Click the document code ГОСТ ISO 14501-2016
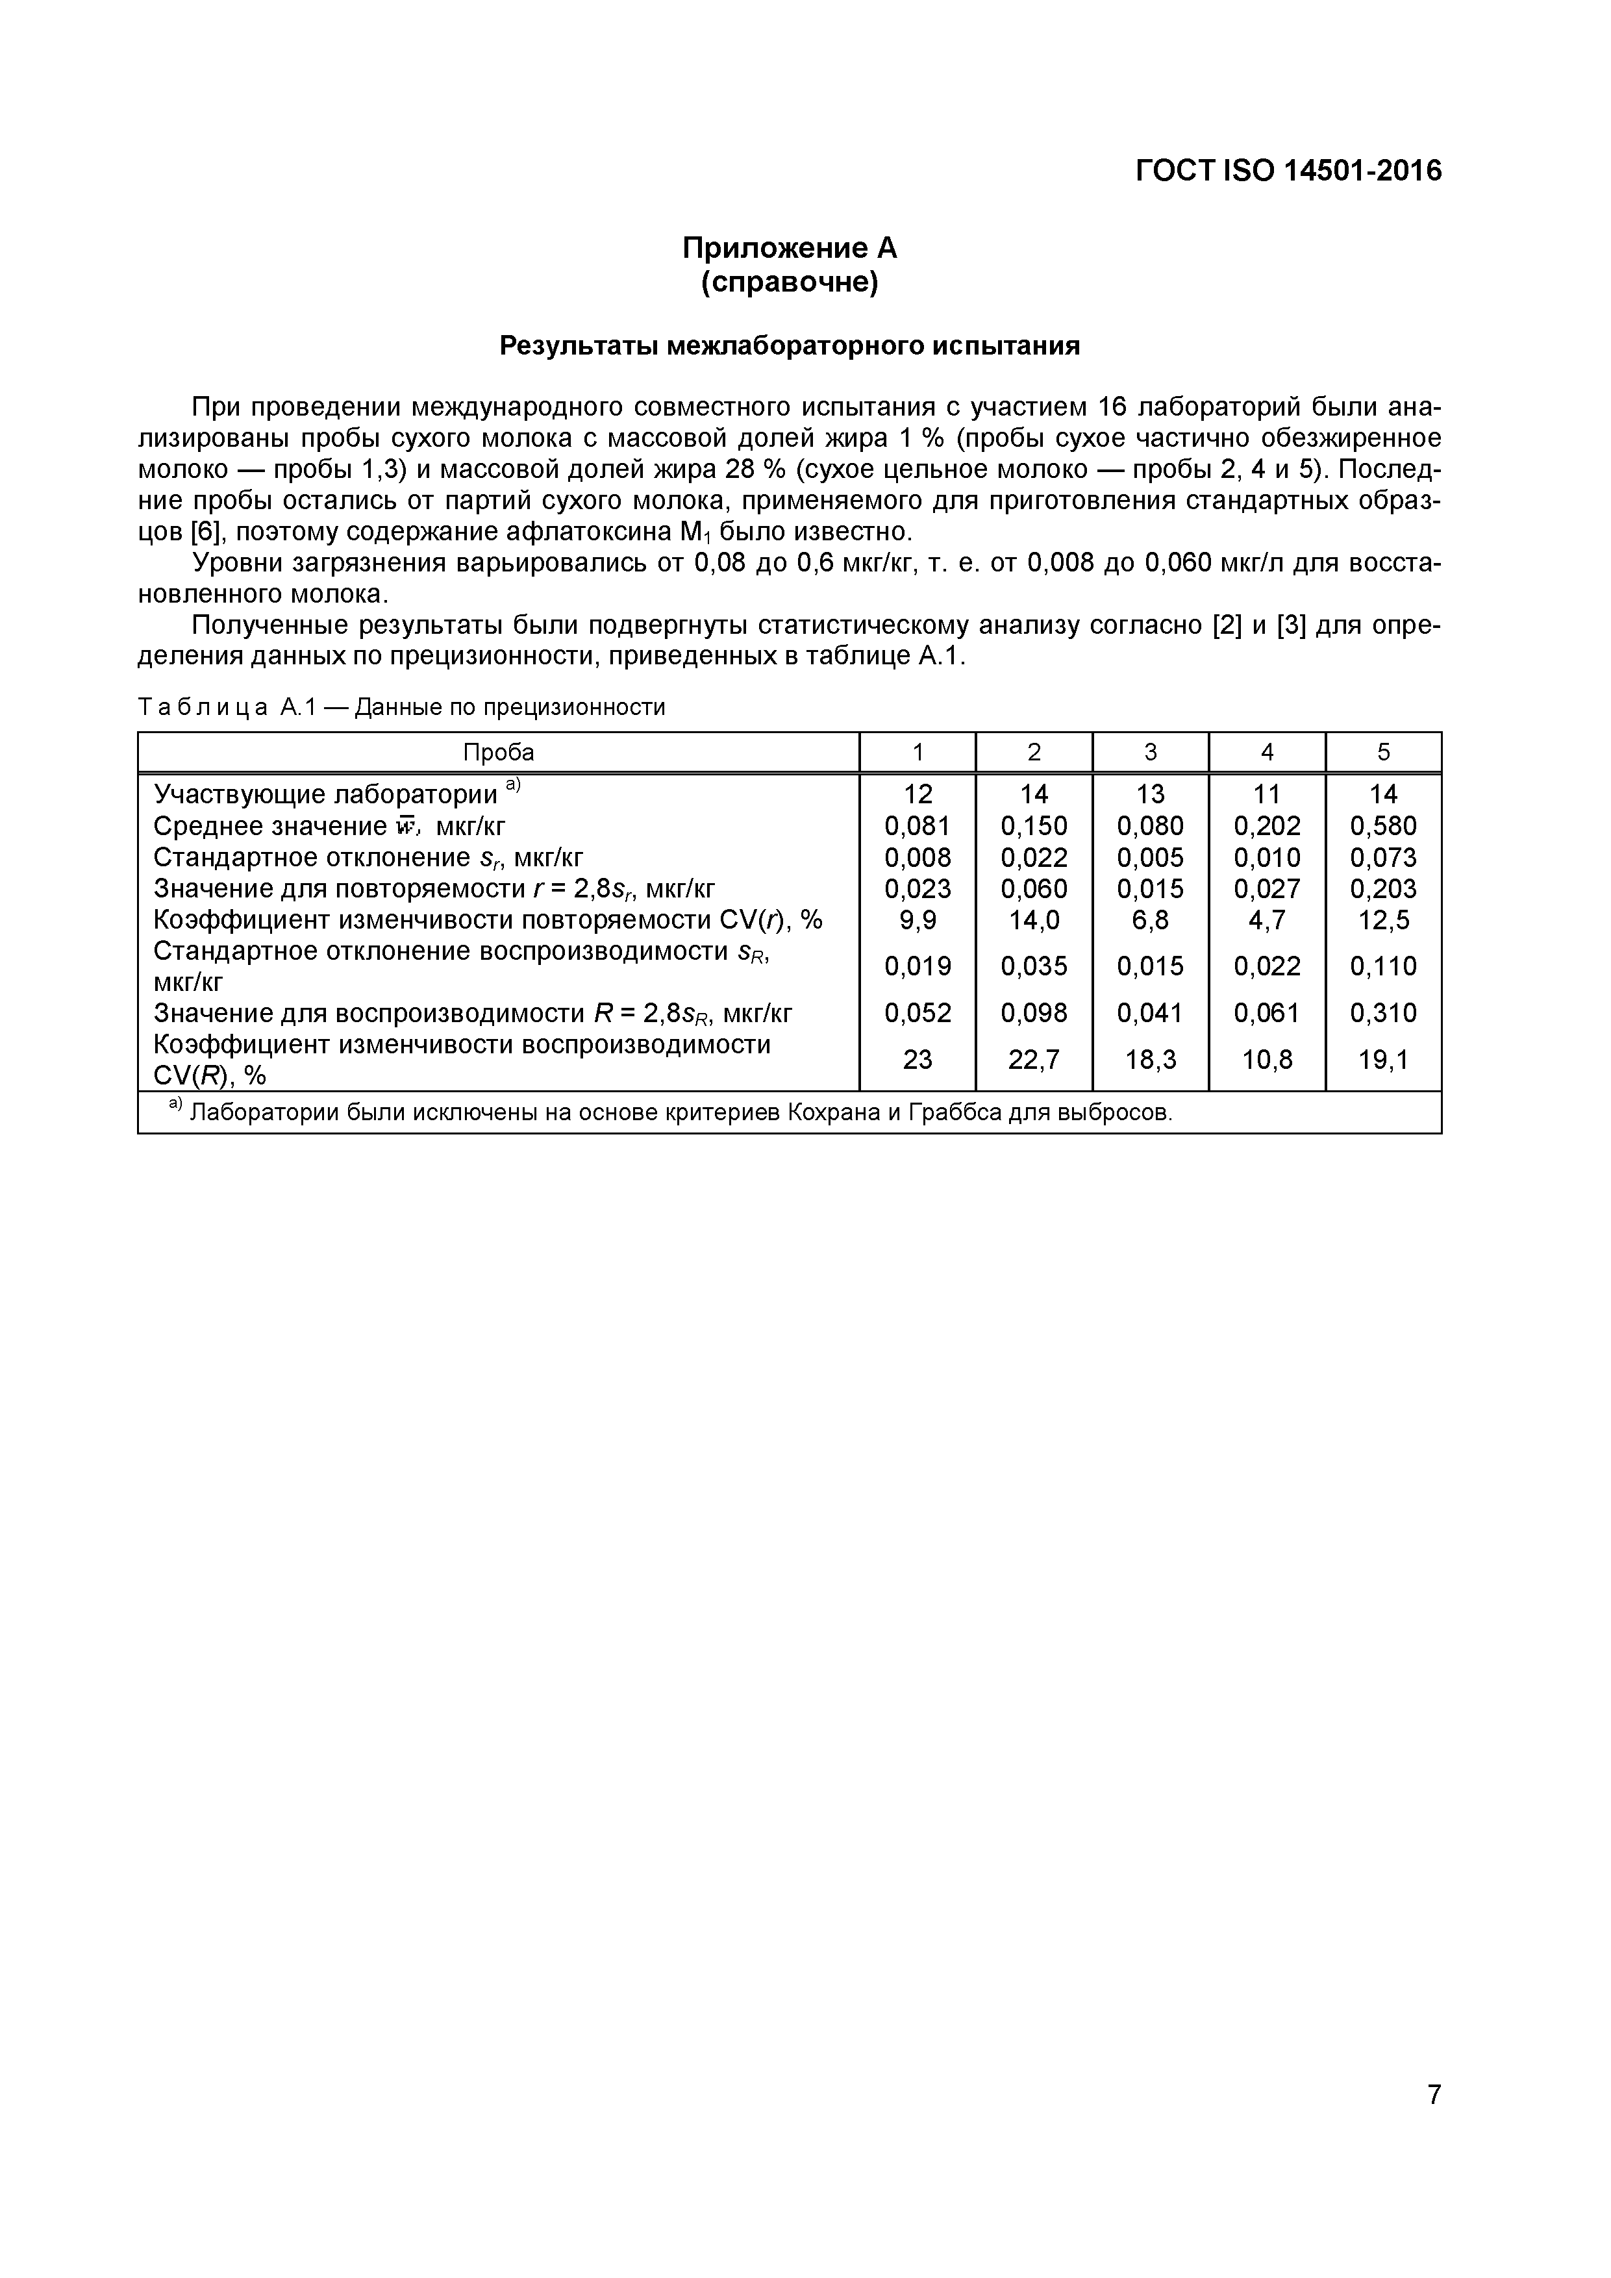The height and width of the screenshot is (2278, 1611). point(1288,171)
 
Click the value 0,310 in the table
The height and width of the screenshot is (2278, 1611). point(1383,1013)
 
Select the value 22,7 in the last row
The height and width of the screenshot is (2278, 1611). point(1034,1060)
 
